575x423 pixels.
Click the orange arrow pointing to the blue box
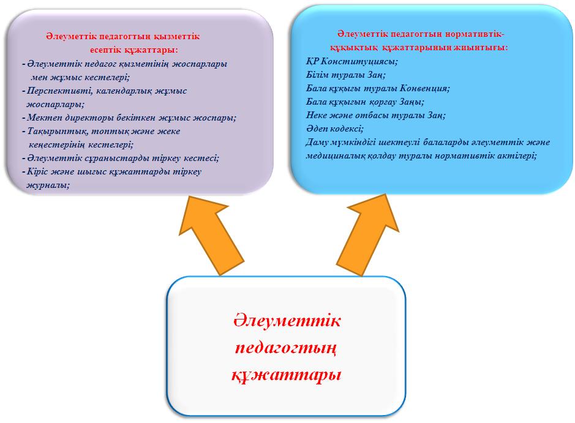point(370,234)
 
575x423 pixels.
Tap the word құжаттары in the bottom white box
point(287,375)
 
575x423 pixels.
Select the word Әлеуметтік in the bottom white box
point(287,320)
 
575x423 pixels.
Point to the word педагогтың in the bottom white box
point(286,348)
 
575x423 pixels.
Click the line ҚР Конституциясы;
point(352,61)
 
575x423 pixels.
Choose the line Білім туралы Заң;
point(346,75)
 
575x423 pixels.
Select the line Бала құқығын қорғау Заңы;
point(365,102)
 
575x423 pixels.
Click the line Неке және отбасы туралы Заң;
point(376,116)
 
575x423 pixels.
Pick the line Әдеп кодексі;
point(335,129)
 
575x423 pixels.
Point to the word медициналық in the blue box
point(331,155)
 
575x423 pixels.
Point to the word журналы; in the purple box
point(48,185)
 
